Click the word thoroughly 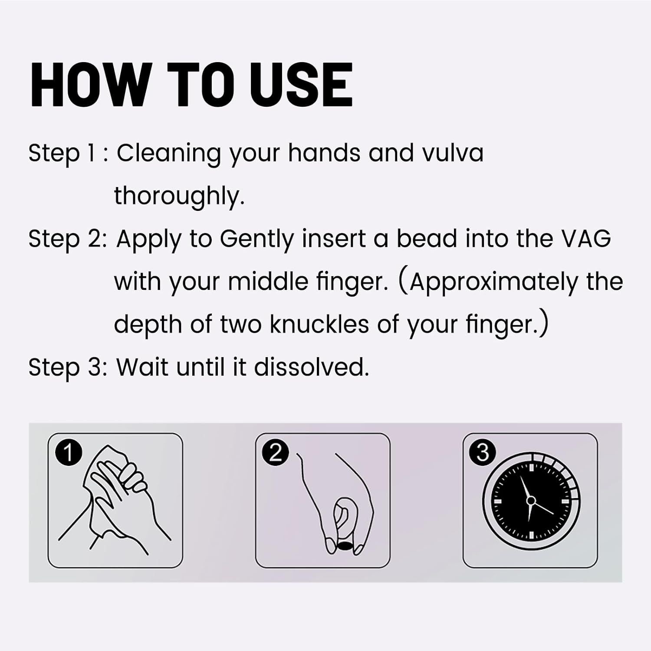179,197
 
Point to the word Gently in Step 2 257,240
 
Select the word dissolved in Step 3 311,367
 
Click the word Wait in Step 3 142,367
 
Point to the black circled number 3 483,453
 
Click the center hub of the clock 530,500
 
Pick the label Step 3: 68,368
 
